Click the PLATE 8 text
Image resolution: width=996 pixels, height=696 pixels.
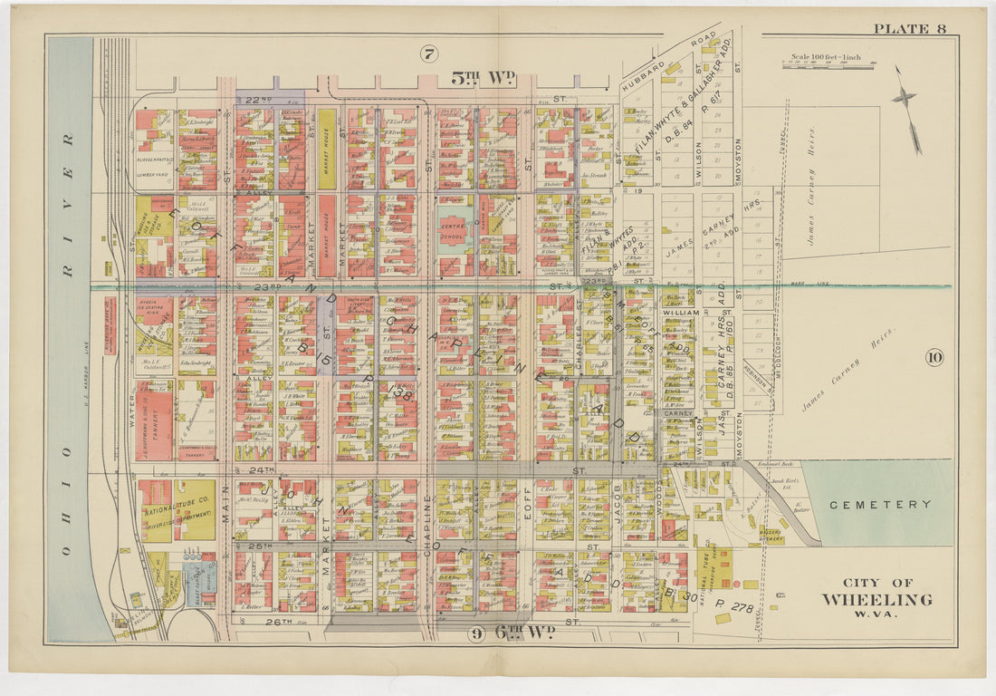[909, 29]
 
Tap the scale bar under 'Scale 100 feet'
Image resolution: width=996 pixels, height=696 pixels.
[828, 65]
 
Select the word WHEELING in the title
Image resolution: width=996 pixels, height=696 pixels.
[876, 600]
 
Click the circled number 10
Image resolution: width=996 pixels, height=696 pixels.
[934, 357]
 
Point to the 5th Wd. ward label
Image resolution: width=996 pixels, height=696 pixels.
[483, 80]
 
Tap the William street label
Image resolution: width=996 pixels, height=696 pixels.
[680, 312]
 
